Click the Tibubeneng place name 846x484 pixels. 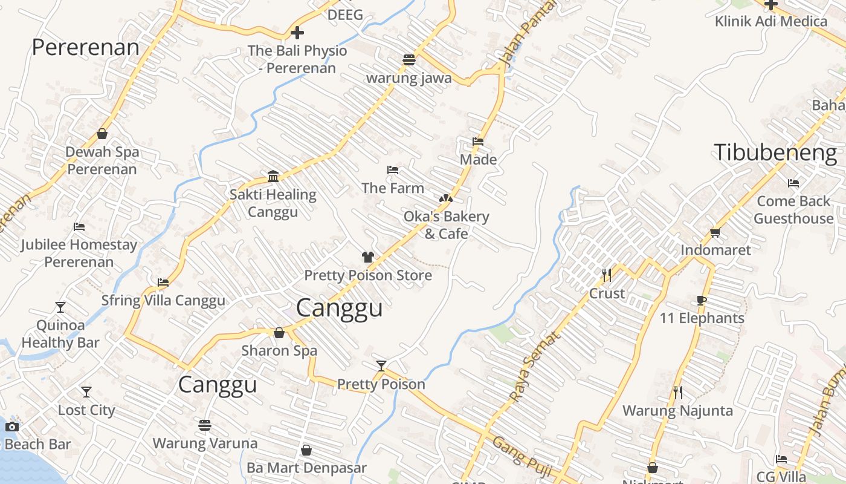click(775, 152)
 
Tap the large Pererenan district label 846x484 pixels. click(85, 47)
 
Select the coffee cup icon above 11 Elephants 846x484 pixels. click(701, 300)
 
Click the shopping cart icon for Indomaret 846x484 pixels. click(715, 232)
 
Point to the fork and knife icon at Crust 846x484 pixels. click(607, 275)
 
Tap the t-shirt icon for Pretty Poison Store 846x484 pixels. click(367, 257)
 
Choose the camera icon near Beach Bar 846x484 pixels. click(11, 427)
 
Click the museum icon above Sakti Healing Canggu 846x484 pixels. click(273, 176)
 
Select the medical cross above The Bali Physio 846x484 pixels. click(297, 33)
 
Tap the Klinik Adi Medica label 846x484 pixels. click(770, 21)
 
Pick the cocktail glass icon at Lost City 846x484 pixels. click(86, 392)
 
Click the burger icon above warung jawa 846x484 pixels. click(409, 59)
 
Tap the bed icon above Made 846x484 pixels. click(478, 142)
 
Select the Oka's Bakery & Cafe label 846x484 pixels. click(446, 224)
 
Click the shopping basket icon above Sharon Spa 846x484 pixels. click(279, 333)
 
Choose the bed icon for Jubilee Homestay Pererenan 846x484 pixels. click(79, 227)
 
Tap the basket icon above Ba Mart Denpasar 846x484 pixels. click(306, 450)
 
